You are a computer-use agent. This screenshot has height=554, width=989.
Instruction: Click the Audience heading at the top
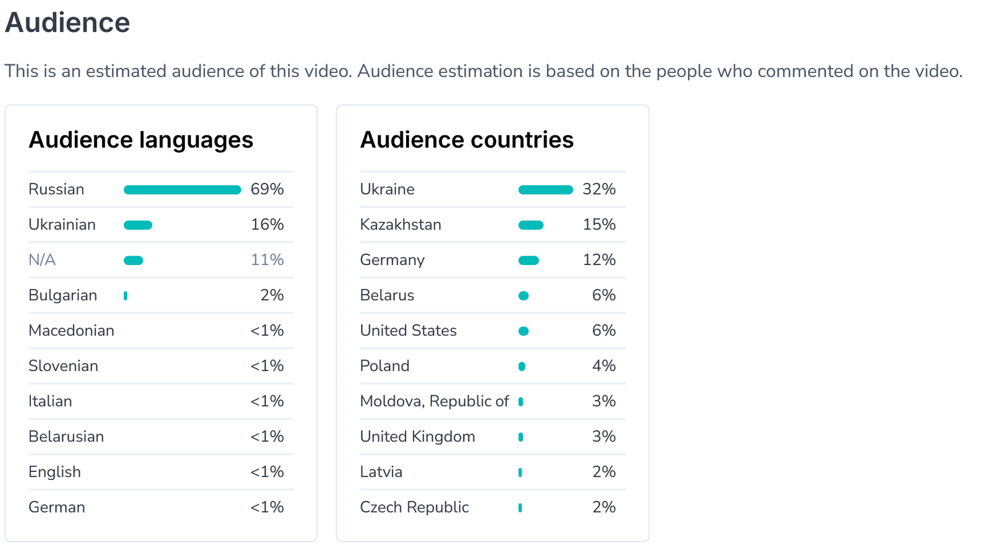click(67, 23)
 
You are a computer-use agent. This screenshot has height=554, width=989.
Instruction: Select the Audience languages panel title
click(141, 140)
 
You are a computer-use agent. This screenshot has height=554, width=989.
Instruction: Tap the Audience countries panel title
click(467, 140)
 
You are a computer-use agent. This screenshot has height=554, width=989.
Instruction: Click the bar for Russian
click(182, 190)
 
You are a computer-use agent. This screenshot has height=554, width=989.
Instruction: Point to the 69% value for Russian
click(267, 190)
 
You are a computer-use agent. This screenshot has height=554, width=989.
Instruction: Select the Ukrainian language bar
click(138, 225)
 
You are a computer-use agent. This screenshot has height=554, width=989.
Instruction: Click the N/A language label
click(42, 260)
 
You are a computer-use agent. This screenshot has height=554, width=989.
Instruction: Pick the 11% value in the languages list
click(267, 260)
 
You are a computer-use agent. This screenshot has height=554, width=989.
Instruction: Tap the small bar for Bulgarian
click(125, 296)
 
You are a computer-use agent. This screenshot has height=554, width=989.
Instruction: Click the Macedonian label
click(71, 330)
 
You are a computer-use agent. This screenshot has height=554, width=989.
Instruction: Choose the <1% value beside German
click(267, 507)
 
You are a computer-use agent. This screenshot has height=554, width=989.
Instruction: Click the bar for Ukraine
click(545, 190)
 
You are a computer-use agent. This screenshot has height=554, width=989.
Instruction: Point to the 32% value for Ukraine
click(599, 190)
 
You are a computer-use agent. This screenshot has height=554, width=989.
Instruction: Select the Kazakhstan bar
click(531, 225)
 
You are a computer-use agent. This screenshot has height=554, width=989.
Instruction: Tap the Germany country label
click(392, 260)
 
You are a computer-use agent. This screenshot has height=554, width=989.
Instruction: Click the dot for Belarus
click(524, 296)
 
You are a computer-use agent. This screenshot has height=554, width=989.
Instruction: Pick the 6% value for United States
click(603, 330)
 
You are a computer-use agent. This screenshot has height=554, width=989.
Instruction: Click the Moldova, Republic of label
click(434, 401)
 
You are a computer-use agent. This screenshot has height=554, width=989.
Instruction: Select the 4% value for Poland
click(603, 366)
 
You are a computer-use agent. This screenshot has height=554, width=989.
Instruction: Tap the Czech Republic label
click(414, 507)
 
